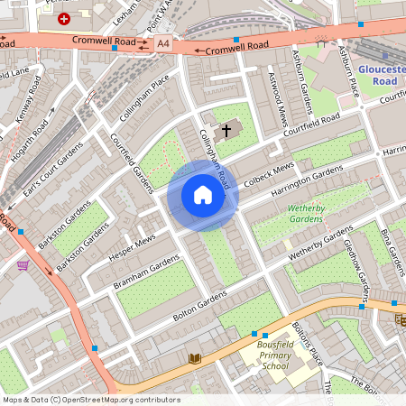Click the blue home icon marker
(x=203, y=195)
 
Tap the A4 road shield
(x=162, y=43)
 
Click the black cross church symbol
(x=226, y=131)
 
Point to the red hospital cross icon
(x=63, y=18)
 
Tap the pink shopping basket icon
(x=22, y=264)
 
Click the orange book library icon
(x=194, y=358)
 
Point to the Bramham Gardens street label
(x=145, y=272)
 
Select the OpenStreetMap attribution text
(x=91, y=399)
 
